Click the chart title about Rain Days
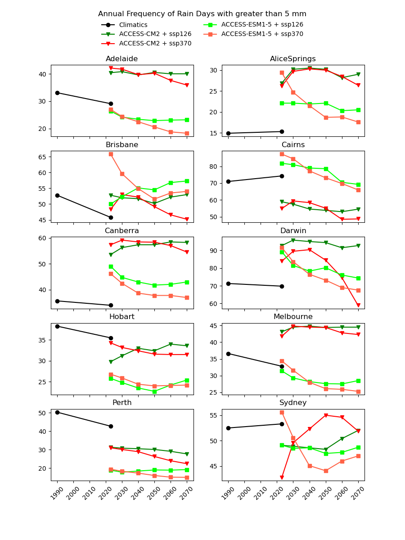click(x=202, y=14)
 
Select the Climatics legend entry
click(x=133, y=25)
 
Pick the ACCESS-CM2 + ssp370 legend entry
click(x=155, y=44)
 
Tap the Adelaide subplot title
click(x=122, y=59)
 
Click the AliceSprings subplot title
click(x=293, y=59)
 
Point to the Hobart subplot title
click(x=122, y=317)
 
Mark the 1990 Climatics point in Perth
click(x=57, y=412)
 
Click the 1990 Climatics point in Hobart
click(x=57, y=326)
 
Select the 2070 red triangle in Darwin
click(x=358, y=306)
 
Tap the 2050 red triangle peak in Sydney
click(x=326, y=415)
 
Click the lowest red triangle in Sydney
click(x=282, y=477)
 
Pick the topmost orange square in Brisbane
click(x=111, y=154)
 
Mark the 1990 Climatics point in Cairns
click(x=228, y=181)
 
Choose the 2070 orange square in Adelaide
click(x=187, y=133)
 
